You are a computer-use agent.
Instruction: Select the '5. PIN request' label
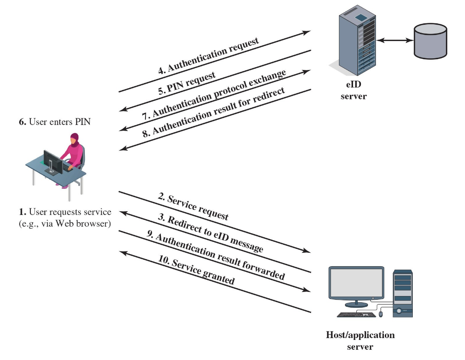[x=187, y=83]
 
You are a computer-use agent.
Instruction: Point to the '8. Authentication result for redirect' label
[x=213, y=111]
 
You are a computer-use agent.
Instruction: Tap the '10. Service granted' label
[x=196, y=270]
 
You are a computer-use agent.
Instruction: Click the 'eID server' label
[x=353, y=92]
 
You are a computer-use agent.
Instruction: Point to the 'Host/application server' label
[x=360, y=341]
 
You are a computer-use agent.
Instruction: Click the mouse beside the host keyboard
[x=381, y=314]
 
